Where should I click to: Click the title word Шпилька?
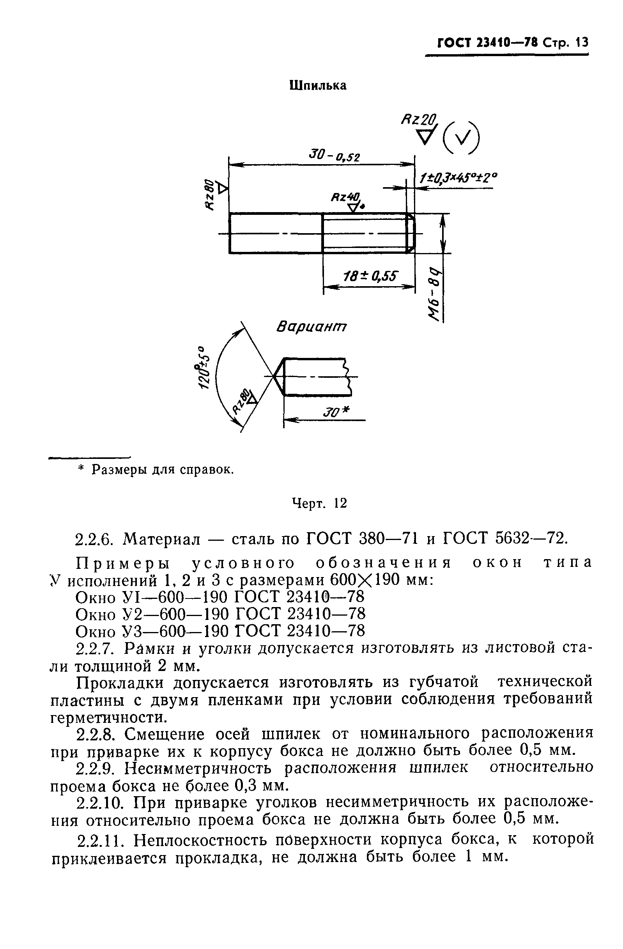(x=318, y=85)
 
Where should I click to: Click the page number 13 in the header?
(x=582, y=42)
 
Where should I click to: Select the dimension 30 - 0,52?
(x=334, y=155)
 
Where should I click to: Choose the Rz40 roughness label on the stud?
(x=345, y=197)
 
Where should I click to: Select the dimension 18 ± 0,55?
(x=370, y=276)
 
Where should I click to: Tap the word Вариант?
(x=311, y=328)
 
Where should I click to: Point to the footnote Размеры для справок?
(x=162, y=470)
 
